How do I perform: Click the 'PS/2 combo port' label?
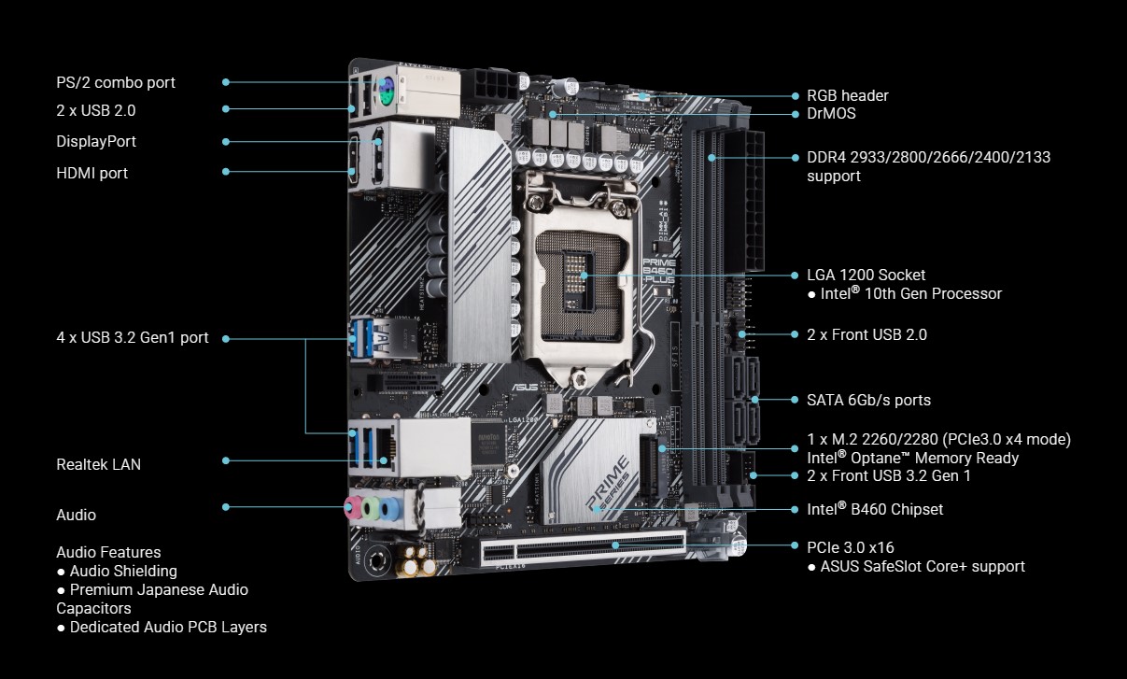(x=115, y=82)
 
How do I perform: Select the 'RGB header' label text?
(x=847, y=95)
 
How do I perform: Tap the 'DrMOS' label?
(x=831, y=113)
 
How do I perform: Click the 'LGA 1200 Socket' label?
(x=866, y=275)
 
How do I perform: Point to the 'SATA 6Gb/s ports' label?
(x=868, y=400)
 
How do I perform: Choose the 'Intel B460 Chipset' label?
(x=875, y=509)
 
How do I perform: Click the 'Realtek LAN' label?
(x=98, y=464)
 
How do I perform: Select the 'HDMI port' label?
(x=92, y=173)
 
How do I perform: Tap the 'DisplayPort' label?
(x=95, y=141)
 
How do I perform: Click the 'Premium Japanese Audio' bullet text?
(x=158, y=589)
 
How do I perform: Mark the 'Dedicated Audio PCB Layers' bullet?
(x=167, y=627)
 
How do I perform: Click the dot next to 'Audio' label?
(x=226, y=507)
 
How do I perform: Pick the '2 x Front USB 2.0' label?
(x=866, y=334)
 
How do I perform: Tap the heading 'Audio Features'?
(x=108, y=552)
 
